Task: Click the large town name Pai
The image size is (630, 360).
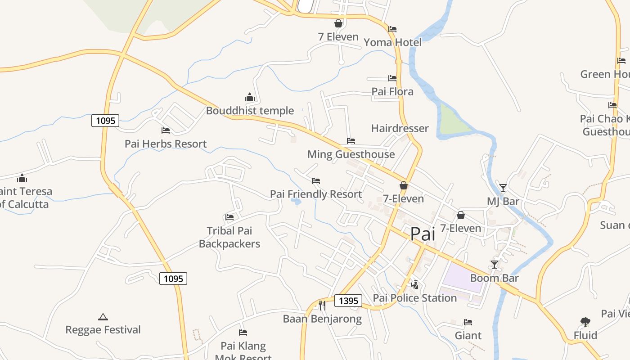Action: (x=423, y=234)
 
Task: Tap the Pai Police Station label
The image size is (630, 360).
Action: (x=414, y=298)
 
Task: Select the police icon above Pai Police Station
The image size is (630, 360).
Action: (x=414, y=284)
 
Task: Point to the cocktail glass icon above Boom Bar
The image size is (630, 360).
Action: (x=495, y=264)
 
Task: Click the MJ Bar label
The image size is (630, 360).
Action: (x=503, y=201)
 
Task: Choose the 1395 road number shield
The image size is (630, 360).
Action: (x=348, y=301)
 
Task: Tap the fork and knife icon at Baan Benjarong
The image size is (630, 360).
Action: (x=322, y=306)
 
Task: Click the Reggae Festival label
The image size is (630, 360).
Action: (x=103, y=330)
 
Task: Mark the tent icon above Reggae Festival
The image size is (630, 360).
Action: (x=103, y=317)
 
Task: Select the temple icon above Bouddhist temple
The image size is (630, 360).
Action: (x=250, y=97)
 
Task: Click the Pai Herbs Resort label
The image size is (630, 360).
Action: (x=166, y=144)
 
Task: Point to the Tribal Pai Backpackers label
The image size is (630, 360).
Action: (x=229, y=237)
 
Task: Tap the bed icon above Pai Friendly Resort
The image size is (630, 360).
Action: (x=316, y=181)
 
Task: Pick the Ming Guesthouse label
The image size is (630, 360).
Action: (x=351, y=154)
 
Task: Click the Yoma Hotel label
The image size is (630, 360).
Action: (x=392, y=42)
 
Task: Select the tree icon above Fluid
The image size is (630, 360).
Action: (x=585, y=322)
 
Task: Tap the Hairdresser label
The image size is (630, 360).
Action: (x=400, y=128)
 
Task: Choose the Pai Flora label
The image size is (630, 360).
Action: (x=392, y=91)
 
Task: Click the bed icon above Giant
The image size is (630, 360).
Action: (x=468, y=322)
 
